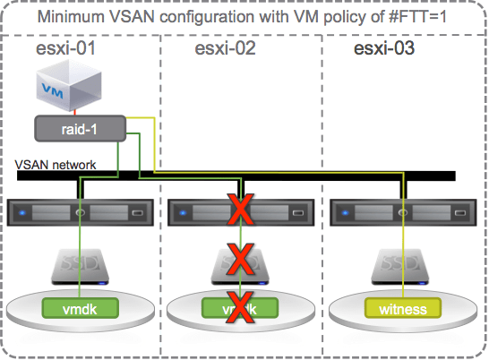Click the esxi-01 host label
65,49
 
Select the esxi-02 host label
226,49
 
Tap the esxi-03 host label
384,49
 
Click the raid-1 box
79,128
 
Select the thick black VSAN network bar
269,176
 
